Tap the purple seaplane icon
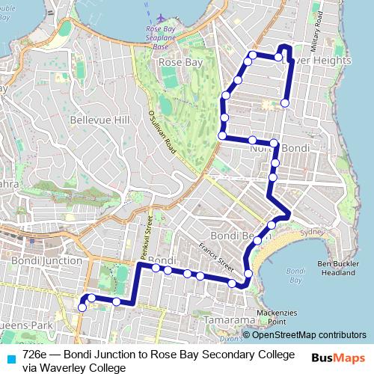[164, 16]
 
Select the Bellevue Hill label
[99, 120]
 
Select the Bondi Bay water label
[295, 275]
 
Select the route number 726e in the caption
[37, 354]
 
